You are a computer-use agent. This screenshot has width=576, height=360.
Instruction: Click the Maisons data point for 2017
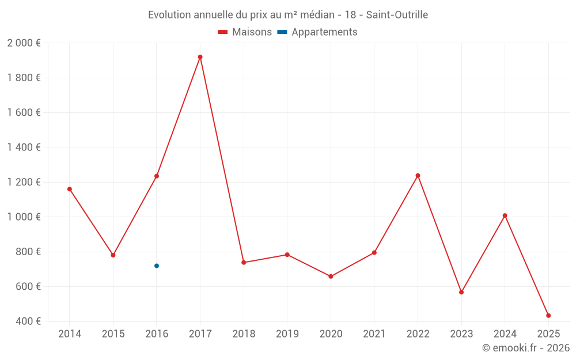click(200, 57)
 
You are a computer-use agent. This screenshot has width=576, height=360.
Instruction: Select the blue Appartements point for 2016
click(157, 266)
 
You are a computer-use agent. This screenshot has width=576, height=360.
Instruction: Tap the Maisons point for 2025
click(548, 316)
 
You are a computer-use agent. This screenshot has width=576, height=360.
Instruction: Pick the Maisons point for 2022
click(418, 176)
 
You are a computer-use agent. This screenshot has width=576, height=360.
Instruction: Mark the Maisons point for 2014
click(70, 189)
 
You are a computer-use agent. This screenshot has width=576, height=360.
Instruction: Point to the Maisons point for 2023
click(461, 292)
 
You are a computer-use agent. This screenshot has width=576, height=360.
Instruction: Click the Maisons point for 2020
click(331, 276)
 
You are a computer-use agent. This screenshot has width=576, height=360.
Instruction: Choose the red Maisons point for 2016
click(157, 176)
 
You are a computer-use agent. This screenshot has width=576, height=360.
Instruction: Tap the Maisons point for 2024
click(505, 215)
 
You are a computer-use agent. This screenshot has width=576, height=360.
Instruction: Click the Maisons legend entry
click(245, 32)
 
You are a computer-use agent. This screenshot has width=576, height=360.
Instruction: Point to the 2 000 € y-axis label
click(24, 43)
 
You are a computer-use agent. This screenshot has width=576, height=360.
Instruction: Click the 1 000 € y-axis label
click(24, 217)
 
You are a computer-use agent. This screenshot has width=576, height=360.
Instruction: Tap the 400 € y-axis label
click(28, 321)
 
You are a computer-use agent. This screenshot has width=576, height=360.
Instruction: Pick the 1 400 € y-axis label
click(24, 147)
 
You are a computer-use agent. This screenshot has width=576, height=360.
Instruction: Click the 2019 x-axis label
click(287, 334)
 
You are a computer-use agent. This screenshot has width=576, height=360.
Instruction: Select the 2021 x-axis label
click(374, 334)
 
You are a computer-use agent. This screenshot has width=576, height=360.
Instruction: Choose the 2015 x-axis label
click(113, 334)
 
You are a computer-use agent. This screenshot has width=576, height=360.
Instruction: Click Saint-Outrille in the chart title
click(397, 15)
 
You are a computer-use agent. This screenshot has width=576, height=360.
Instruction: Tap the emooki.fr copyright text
click(526, 348)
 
